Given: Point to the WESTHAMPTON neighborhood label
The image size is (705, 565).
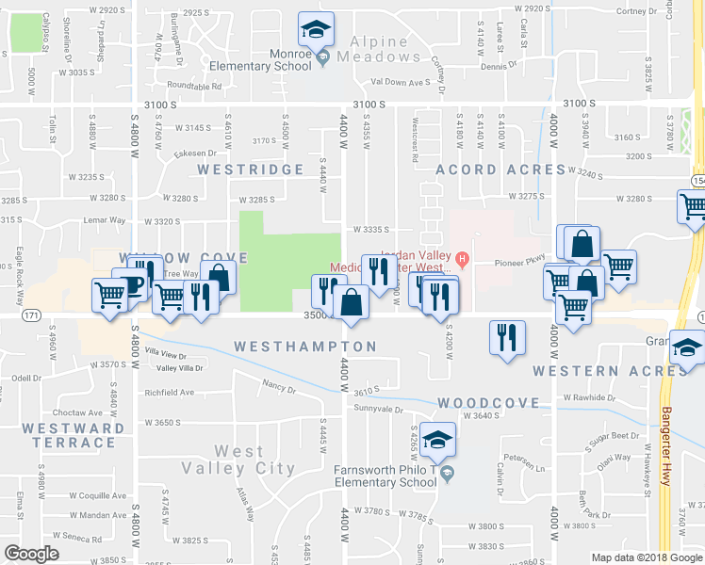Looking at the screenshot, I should pos(304,347).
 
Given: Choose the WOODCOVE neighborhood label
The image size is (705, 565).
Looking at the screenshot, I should pos(488,402).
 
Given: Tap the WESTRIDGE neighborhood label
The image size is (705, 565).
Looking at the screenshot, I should pos(250,169).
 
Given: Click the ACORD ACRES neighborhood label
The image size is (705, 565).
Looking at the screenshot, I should pos(500,169).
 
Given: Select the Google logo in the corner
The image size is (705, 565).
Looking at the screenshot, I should pos(32,553).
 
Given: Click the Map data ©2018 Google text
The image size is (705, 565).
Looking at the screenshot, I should pos(646,557).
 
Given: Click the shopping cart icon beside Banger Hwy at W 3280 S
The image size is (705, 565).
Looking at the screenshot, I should pos(693,206).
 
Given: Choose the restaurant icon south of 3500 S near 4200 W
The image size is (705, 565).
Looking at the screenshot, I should pos(507,336).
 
